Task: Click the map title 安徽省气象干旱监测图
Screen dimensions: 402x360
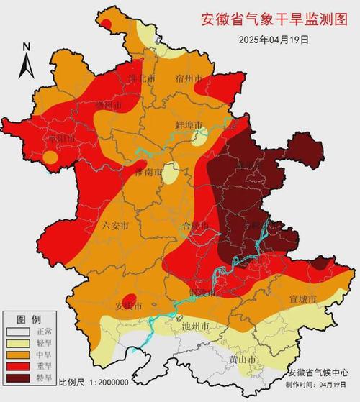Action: pos(276,17)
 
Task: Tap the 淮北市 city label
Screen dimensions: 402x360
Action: pos(141,78)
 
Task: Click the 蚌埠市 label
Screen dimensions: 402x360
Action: pos(189,125)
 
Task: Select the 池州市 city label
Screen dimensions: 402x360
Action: pos(195,326)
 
